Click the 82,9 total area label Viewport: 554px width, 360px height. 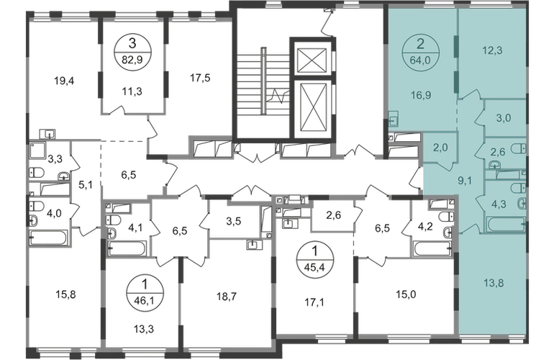(x=132, y=60)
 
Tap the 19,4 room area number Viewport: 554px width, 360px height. (x=64, y=81)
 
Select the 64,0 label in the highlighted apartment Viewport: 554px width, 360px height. (x=420, y=60)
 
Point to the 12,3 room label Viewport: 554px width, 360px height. (x=492, y=50)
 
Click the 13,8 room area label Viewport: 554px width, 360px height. (x=494, y=283)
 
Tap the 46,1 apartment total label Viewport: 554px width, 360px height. (x=144, y=300)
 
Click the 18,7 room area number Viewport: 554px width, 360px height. (x=227, y=297)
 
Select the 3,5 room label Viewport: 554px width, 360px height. (x=234, y=221)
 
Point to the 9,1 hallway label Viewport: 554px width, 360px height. (x=465, y=181)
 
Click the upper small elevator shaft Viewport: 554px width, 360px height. (x=312, y=60)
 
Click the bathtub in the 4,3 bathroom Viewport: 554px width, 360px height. (x=506, y=224)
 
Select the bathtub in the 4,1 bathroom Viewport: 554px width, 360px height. (x=127, y=248)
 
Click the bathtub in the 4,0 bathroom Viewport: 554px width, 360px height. (x=48, y=238)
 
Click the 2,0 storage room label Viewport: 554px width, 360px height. (x=440, y=147)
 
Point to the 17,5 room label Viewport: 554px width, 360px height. (x=200, y=78)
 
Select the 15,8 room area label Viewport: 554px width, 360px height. (x=65, y=294)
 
